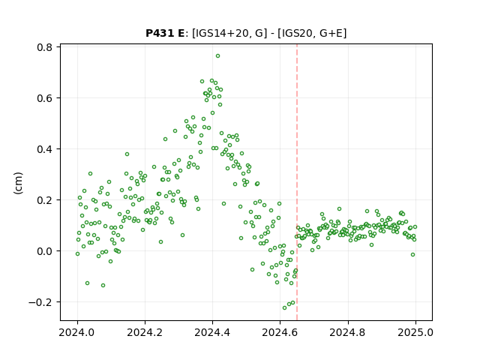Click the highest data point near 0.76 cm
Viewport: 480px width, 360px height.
pos(217,56)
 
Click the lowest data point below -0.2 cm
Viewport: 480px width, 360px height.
pos(285,307)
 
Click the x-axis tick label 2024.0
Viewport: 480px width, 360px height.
pos(77,332)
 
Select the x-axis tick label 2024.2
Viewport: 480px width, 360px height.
pos(145,332)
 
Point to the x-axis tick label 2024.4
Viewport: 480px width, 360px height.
pos(212,332)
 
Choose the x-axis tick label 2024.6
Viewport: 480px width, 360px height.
pos(280,332)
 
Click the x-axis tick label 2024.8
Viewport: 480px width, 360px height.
pos(347,332)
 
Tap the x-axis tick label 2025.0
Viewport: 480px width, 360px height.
pos(415,332)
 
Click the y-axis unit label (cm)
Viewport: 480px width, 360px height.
pos(18,183)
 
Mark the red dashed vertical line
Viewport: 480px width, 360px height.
pos(297,182)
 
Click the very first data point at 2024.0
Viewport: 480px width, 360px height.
pos(77,253)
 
